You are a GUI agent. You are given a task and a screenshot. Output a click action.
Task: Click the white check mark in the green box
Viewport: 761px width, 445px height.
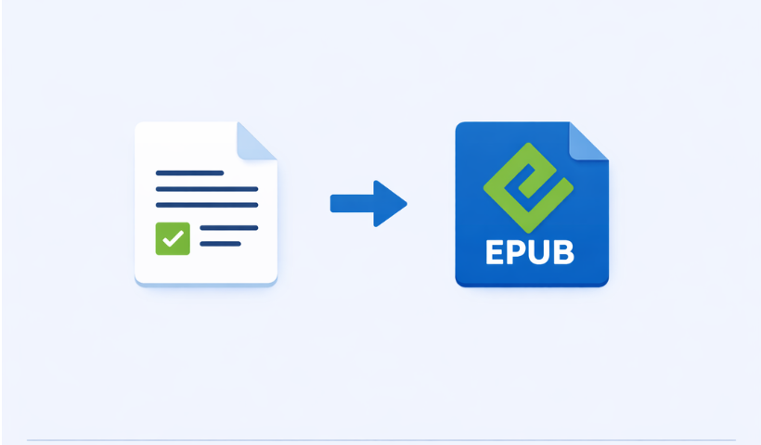[x=173, y=238]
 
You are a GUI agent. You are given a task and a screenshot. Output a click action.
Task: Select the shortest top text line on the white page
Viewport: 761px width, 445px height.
[x=189, y=172]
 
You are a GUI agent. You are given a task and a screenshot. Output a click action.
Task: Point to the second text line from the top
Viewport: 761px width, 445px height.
[x=206, y=189]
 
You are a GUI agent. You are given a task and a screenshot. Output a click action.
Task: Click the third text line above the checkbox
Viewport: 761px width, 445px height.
[x=206, y=205]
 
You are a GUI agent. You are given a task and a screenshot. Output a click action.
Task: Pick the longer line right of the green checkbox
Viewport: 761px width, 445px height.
[x=228, y=227]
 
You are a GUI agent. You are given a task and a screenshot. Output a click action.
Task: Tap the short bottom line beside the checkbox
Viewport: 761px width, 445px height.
[x=220, y=244]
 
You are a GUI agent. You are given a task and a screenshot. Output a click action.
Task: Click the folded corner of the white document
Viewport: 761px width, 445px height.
[x=257, y=140]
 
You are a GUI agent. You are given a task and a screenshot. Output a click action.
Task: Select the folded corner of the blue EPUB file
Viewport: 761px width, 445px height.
[x=588, y=141]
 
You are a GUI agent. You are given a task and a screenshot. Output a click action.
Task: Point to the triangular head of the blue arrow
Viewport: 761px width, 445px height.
[x=391, y=203]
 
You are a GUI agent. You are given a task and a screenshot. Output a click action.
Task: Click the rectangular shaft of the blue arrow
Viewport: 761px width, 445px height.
[x=352, y=203]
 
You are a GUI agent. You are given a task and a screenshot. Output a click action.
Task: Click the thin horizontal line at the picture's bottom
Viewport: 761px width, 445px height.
[x=380, y=440]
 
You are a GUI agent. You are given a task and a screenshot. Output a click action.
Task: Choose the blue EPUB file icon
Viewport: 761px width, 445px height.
[x=531, y=204]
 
